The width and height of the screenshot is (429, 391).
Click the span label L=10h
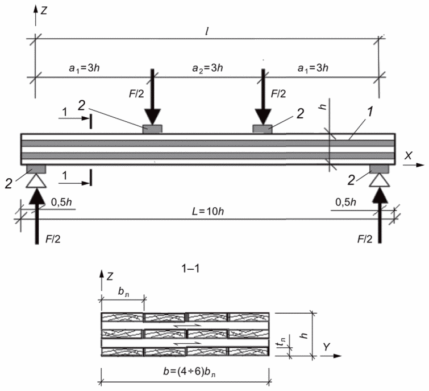pyautogui.click(x=207, y=212)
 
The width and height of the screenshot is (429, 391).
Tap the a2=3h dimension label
pyautogui.click(x=207, y=68)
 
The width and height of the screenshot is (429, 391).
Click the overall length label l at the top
pyautogui.click(x=207, y=32)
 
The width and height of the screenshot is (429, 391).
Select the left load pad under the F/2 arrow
pyautogui.click(x=152, y=129)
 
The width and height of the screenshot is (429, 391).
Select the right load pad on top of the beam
pyautogui.click(x=263, y=129)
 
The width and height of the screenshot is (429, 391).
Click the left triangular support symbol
pyautogui.click(x=36, y=182)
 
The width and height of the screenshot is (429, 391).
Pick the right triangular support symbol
pyautogui.click(x=379, y=181)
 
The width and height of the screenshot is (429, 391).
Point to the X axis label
pyautogui.click(x=408, y=155)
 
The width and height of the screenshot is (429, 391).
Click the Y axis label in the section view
pyautogui.click(x=326, y=347)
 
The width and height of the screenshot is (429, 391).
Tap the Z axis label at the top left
pyautogui.click(x=44, y=11)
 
